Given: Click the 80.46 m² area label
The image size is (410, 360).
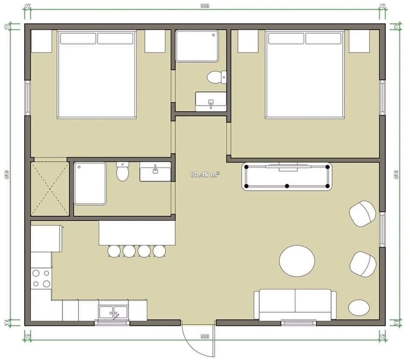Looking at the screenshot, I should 205,174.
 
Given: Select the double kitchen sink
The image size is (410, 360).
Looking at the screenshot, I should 113,312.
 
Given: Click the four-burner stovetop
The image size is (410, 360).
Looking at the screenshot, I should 41,278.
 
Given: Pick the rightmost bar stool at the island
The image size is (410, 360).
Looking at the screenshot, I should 159,251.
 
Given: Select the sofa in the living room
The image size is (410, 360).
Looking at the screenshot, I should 295,304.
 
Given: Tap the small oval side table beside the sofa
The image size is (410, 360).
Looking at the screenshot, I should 359,307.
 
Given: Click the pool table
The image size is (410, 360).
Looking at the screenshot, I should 287,176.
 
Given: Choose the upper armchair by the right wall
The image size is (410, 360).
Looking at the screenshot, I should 363,213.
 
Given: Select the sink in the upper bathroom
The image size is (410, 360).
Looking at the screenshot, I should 211,101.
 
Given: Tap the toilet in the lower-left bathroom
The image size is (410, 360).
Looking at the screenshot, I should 123,172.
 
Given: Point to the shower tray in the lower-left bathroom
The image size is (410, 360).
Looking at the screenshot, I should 90,183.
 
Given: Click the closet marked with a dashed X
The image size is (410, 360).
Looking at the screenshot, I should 50,188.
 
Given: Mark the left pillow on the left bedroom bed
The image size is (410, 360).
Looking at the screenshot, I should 78,38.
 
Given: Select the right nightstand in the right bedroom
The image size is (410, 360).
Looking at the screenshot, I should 359,41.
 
